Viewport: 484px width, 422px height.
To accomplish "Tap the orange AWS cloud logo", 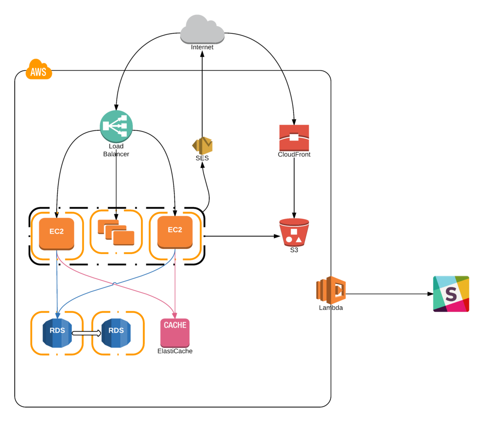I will pos(38,70).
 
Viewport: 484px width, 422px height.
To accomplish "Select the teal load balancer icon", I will pos(116,126).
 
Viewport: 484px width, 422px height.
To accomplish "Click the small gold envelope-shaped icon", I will pos(203,146).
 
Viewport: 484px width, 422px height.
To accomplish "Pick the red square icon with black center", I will pos(294,137).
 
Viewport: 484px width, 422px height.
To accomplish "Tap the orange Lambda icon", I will pos(331,290).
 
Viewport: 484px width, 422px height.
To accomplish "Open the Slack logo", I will pos(451,294).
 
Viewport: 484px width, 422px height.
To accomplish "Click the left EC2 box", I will pos(56,234).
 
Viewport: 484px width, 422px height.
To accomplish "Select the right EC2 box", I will pos(175,232).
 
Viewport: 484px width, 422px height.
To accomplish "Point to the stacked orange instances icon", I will pos(116,232).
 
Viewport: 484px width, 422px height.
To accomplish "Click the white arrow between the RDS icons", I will pos(86,333).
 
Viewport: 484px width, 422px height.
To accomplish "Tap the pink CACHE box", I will pos(175,332).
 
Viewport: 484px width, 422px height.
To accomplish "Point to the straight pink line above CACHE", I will pos(175,286).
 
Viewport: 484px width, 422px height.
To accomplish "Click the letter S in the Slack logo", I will pos(450,294).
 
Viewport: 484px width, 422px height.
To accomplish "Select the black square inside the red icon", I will pos(294,137).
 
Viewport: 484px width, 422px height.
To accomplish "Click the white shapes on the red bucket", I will pos(294,236).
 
